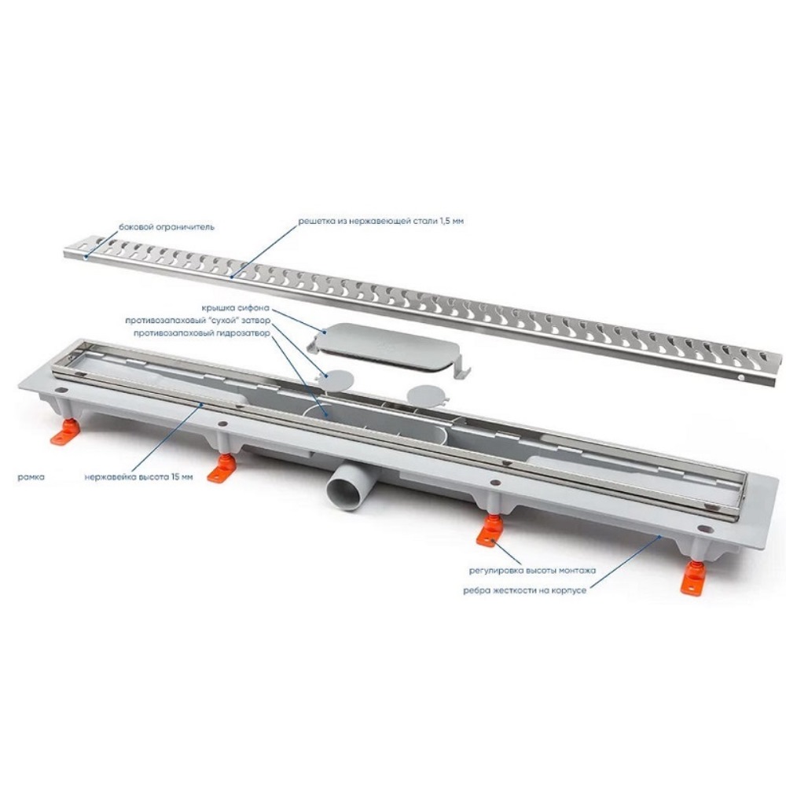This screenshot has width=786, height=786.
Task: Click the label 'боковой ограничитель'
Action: click(x=167, y=226)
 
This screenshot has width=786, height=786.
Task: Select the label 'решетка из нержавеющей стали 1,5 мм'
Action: click(x=380, y=221)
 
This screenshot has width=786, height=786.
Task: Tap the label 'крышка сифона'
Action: click(x=236, y=308)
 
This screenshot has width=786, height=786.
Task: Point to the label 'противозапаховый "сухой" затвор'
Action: click(x=197, y=321)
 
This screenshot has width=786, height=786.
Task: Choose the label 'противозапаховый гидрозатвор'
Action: click(x=202, y=332)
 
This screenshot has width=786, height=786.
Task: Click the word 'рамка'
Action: click(x=31, y=477)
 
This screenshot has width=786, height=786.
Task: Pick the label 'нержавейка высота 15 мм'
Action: click(x=139, y=477)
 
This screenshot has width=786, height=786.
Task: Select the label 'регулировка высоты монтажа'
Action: click(x=532, y=571)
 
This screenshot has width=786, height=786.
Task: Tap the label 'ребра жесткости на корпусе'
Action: click(x=524, y=590)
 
